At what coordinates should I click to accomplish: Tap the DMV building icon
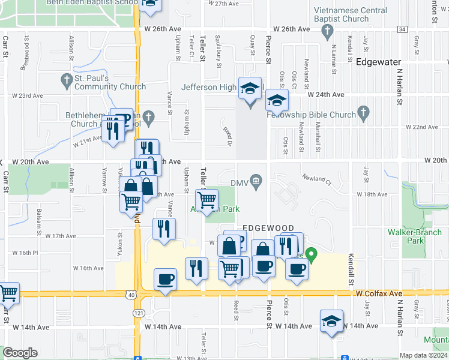pyautogui.click(x=256, y=181)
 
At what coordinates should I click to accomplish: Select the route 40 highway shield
pyautogui.click(x=130, y=294)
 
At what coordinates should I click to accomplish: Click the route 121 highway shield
pyautogui.click(x=139, y=313)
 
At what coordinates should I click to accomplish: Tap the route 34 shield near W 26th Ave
pyautogui.click(x=402, y=29)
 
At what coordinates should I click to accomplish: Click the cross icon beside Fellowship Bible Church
pyautogui.click(x=363, y=112)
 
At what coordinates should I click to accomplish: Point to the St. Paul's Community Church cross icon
pyautogui.click(x=66, y=79)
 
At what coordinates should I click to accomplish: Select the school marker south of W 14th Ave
pyautogui.click(x=331, y=322)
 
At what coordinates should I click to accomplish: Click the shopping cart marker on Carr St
pyautogui.click(x=8, y=294)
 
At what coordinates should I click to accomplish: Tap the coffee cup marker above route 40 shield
pyautogui.click(x=166, y=279)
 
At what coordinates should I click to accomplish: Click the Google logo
pyautogui.click(x=20, y=353)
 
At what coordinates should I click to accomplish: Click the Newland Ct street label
pyautogui.click(x=317, y=179)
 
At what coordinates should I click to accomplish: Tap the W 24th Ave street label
pyautogui.click(x=326, y=95)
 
